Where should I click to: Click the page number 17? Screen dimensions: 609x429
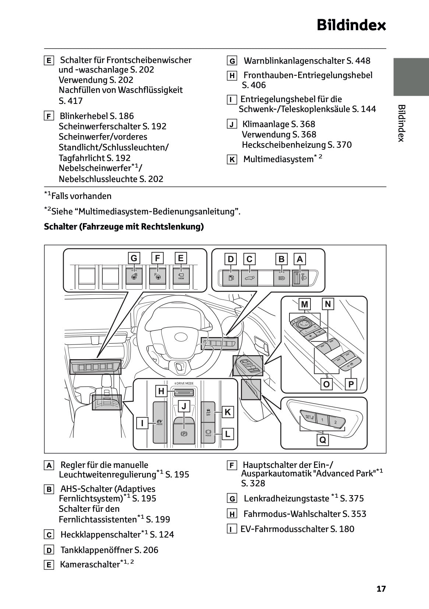(x=381, y=589)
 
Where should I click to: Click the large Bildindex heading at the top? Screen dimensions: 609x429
(x=351, y=25)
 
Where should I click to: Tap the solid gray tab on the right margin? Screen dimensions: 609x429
(x=411, y=77)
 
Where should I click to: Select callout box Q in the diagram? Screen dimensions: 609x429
(x=323, y=440)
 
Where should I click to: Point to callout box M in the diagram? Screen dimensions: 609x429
(x=305, y=304)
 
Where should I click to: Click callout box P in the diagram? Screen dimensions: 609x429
(x=351, y=385)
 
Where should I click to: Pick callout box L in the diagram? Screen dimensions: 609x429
(x=228, y=434)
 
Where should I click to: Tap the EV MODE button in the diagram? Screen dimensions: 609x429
(x=159, y=422)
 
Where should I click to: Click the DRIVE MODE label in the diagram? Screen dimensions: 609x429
(x=184, y=384)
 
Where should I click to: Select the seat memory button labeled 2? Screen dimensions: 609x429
(x=335, y=422)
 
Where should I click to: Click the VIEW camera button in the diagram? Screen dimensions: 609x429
(x=181, y=276)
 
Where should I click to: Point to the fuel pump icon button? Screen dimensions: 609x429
(x=231, y=277)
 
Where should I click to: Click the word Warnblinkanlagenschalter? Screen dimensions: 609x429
(x=294, y=61)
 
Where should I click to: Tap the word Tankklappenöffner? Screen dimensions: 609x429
(x=96, y=550)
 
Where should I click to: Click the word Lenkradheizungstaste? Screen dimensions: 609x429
(x=286, y=498)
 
